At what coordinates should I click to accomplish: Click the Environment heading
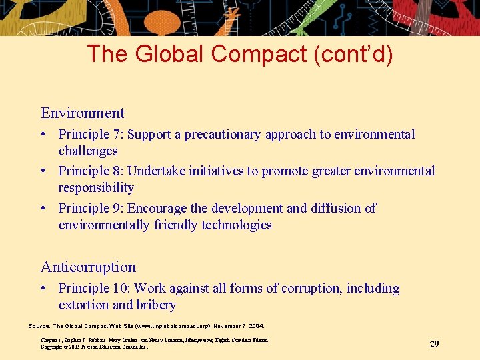(83, 113)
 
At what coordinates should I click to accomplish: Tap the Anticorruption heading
(88, 267)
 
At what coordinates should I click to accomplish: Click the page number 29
(434, 344)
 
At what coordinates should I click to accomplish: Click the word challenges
(88, 151)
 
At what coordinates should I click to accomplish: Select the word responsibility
(96, 188)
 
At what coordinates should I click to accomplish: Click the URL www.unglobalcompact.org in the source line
(172, 326)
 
